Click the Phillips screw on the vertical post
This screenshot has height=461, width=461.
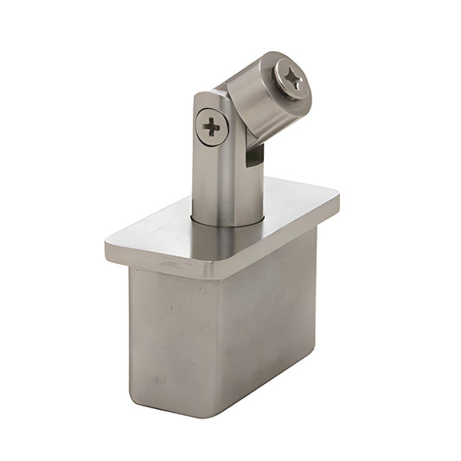pos(212,127)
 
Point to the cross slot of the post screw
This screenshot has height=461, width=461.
pos(212,127)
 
